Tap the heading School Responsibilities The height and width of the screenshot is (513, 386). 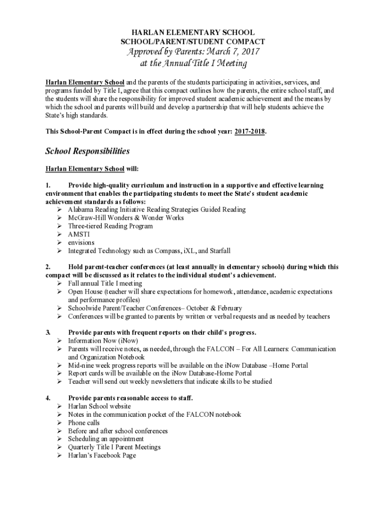point(87,151)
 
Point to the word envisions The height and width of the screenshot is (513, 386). point(81,242)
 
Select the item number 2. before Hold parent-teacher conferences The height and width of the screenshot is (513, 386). point(48,267)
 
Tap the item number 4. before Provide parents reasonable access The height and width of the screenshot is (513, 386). point(48,398)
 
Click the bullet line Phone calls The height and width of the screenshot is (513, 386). point(84,422)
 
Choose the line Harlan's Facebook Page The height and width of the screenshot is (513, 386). point(102,455)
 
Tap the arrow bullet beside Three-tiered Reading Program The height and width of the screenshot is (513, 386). point(59,226)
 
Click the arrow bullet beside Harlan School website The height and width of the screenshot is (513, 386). point(59,406)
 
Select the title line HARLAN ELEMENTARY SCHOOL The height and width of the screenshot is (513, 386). point(193,33)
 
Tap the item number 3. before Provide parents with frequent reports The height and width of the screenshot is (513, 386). point(48,332)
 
